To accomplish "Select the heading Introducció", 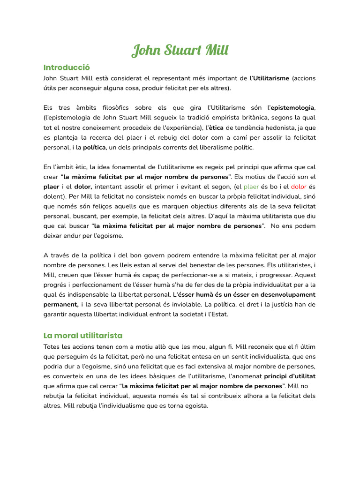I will [66, 67].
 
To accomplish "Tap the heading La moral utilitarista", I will [83, 335].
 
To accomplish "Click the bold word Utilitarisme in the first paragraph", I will [271, 78].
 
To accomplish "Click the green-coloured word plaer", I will [251, 187].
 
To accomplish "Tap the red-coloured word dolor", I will [299, 187].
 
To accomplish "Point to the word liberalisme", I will [205, 147].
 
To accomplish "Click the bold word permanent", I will [61, 304].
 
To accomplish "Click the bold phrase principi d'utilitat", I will [290, 376].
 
